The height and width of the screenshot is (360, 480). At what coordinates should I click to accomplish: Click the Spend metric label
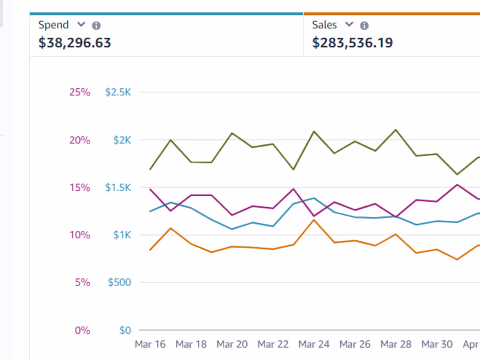[53, 25]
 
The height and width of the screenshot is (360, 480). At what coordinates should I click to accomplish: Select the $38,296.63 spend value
[75, 43]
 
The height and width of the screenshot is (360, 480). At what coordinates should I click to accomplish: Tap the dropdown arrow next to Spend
[81, 24]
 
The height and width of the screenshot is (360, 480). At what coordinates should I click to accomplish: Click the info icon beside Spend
[96, 26]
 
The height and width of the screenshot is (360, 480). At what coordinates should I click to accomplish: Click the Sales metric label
[324, 25]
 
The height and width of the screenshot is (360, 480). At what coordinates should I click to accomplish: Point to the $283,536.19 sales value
[352, 43]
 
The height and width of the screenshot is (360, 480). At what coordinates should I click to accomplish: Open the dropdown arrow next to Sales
[349, 24]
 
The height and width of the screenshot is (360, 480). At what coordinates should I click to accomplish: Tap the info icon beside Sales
[364, 26]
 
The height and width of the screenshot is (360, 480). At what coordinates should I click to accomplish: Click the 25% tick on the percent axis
[79, 92]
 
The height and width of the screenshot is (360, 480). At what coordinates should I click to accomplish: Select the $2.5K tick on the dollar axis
[118, 92]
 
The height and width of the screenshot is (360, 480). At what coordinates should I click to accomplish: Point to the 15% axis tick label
[79, 188]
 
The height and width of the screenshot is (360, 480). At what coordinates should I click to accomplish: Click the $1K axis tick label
[122, 235]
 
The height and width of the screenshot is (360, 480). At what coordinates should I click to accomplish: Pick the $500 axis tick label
[119, 283]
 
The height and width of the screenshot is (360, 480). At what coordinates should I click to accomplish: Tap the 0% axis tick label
[82, 330]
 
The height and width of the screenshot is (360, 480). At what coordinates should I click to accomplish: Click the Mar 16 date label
[150, 344]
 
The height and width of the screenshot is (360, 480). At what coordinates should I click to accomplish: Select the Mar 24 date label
[314, 344]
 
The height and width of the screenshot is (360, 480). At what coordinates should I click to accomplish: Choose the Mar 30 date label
[437, 344]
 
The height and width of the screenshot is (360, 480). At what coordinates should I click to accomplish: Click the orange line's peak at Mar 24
[314, 220]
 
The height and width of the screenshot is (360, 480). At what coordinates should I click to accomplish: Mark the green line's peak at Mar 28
[396, 130]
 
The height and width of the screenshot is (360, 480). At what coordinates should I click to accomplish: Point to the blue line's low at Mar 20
[232, 229]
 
